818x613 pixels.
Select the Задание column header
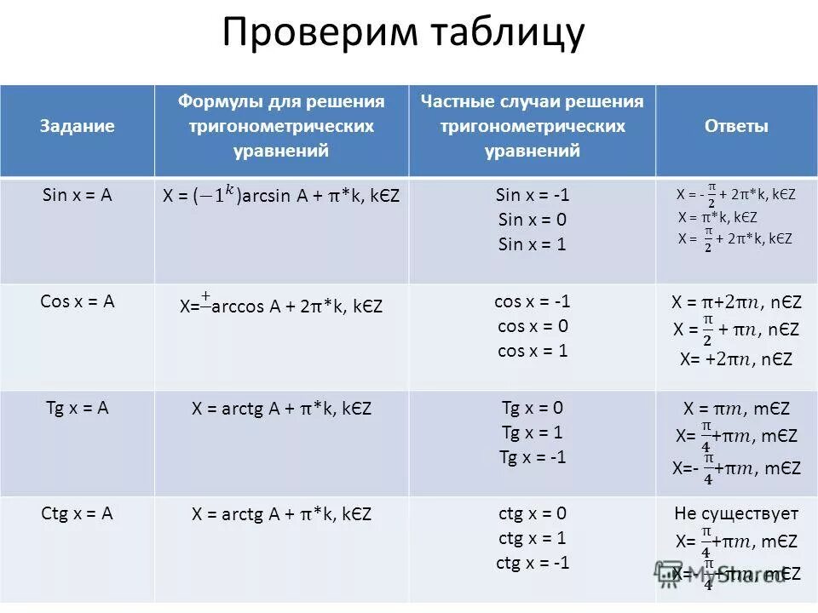pos(77,126)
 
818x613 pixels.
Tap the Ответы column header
pos(736,126)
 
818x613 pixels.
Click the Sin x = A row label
pos(77,195)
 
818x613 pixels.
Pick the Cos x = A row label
pos(77,301)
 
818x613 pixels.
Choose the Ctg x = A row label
pos(77,513)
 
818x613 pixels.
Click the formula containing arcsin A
pos(281,196)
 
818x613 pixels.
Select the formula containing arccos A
pos(281,306)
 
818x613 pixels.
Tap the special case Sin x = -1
pos(533,195)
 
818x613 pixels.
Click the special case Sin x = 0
pos(533,220)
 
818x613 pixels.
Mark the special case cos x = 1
pos(533,351)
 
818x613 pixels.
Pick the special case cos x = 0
pos(533,326)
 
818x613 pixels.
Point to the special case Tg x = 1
pos(533,433)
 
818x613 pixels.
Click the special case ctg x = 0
pos(533,513)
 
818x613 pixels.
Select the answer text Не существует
pos(736,513)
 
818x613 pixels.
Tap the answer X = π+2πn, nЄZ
pos(736,302)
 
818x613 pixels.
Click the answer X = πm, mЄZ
pos(736,410)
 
